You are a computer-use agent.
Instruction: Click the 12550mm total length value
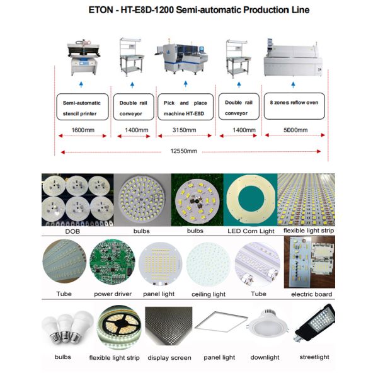point(185,151)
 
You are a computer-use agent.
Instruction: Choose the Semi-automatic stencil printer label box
point(82,106)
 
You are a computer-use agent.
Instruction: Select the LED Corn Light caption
point(250,231)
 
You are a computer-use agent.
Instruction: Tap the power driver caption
point(113,294)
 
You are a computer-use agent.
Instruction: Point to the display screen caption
point(168,358)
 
